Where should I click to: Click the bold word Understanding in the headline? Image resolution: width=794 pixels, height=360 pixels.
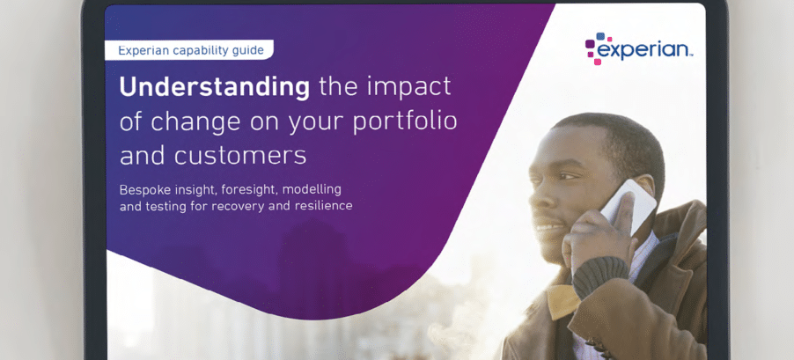[x=214, y=88]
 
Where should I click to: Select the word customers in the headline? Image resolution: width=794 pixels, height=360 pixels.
[x=240, y=156]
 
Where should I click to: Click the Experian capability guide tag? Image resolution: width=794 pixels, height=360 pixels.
[x=189, y=50]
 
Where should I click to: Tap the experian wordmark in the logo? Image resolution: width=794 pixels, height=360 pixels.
[x=643, y=49]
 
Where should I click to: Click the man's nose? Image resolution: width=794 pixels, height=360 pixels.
[x=538, y=196]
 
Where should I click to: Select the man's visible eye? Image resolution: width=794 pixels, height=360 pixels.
[x=566, y=177]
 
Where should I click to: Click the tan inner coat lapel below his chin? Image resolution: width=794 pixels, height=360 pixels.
[x=562, y=302]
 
